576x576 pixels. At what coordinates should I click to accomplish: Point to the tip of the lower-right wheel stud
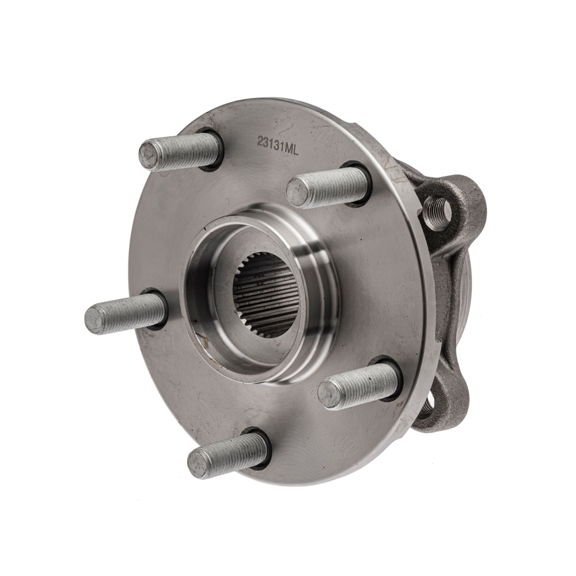[329, 394]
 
